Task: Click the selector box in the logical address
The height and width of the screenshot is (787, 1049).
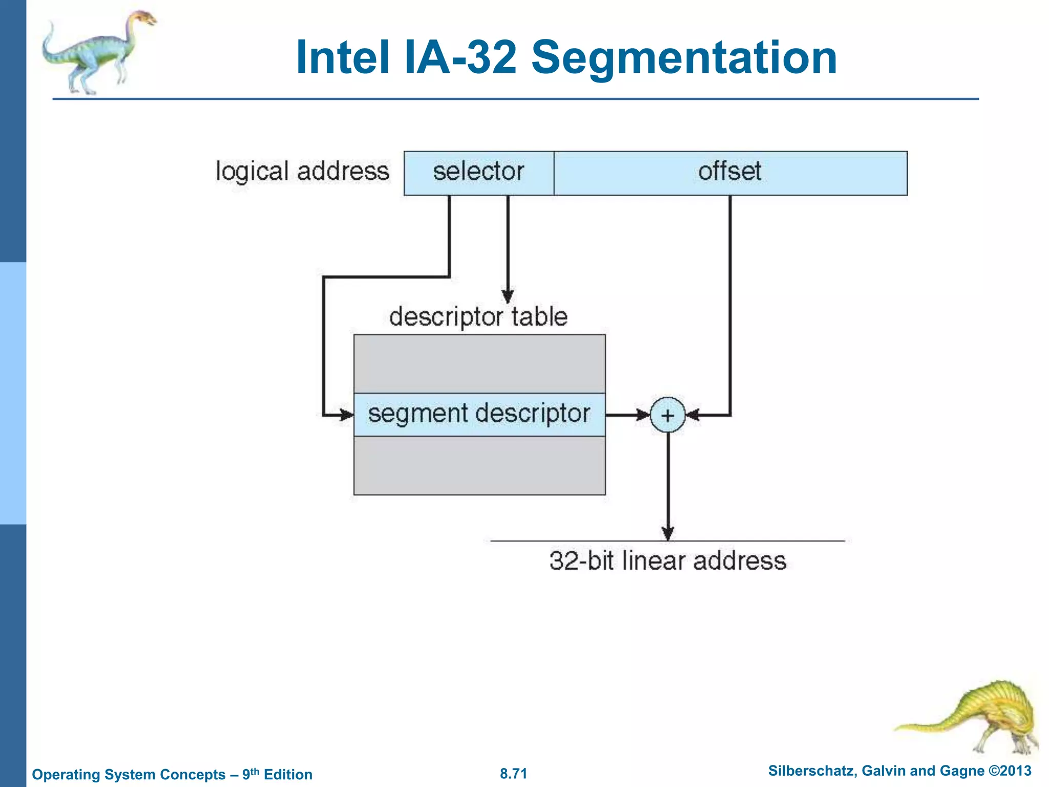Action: point(478,173)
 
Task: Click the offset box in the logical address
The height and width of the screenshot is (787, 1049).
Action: point(730,173)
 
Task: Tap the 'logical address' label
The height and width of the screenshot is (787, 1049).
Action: point(302,171)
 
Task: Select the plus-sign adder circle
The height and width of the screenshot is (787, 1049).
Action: point(667,415)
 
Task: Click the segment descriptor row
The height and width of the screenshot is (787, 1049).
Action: point(479,415)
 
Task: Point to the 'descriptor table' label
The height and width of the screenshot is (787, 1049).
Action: point(478,317)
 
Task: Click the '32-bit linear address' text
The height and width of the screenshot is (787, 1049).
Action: point(667,561)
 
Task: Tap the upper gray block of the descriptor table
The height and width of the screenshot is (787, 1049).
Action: point(479,364)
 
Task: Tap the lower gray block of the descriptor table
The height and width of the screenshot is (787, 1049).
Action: point(479,465)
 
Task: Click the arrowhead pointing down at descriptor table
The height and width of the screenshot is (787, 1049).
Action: point(508,297)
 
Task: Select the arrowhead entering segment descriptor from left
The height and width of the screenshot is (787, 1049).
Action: point(346,415)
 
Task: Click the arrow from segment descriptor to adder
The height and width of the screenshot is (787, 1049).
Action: point(627,415)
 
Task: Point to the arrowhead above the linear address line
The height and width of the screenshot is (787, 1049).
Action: point(667,533)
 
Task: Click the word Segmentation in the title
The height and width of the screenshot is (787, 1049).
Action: point(684,57)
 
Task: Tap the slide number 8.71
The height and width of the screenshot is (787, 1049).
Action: point(513,773)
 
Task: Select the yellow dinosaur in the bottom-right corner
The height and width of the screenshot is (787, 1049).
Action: point(973,717)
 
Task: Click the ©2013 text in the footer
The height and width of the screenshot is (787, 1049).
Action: point(1010,771)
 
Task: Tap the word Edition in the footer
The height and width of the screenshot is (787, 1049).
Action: point(288,774)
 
